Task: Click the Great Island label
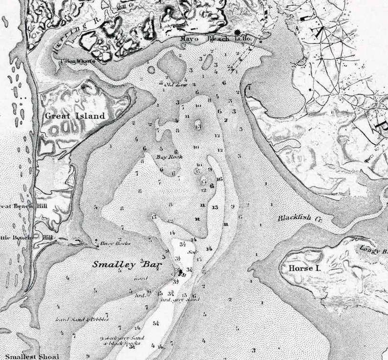point(75,116)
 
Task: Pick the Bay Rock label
point(166,157)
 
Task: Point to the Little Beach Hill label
point(20,238)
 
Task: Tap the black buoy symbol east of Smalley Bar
point(180,271)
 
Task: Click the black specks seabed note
point(115,343)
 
